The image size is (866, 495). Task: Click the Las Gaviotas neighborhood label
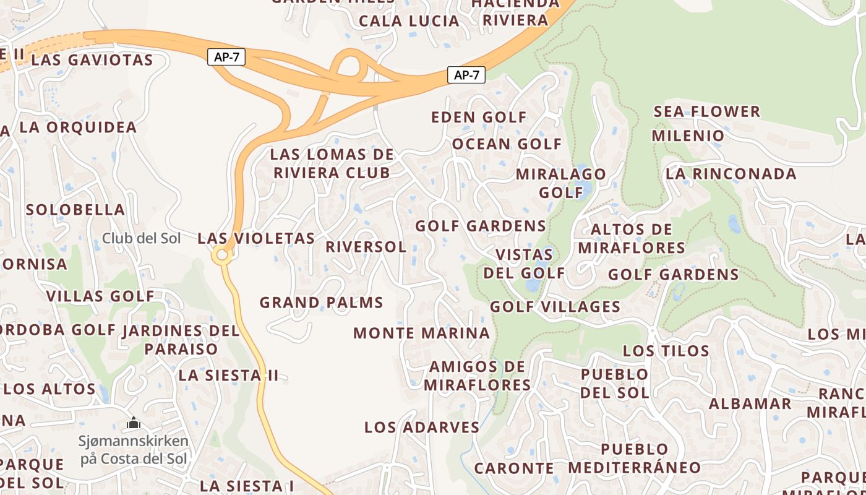[x=92, y=60]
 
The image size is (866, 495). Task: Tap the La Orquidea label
[x=78, y=127]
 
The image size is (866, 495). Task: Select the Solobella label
[x=75, y=210]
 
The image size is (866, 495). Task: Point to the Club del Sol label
[x=141, y=238]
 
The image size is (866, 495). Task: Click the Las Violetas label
[x=256, y=238]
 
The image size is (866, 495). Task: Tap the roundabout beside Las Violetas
[x=221, y=255]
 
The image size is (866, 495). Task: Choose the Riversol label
[x=366, y=247]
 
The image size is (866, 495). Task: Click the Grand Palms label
[x=321, y=303]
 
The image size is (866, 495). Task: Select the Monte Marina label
[x=421, y=334]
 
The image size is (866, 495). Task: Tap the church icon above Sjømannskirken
[x=134, y=424]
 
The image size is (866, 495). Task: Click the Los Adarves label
[x=421, y=428]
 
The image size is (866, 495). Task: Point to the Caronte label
[x=514, y=468]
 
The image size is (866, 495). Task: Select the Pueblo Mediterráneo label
[x=635, y=458]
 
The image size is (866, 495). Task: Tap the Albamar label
[x=750, y=404]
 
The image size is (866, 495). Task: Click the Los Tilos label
[x=666, y=351]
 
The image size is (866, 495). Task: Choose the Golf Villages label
[x=555, y=307]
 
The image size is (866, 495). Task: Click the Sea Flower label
[x=706, y=112]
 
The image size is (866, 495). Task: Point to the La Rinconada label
[x=731, y=174]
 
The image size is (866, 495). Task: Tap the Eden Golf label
[x=479, y=118]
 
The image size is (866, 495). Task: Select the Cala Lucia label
[x=409, y=21]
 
